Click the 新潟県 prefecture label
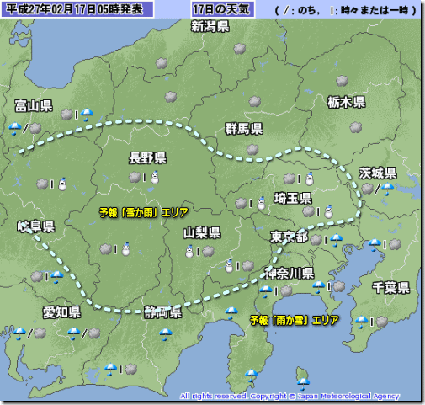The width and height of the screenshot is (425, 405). pos(210,27)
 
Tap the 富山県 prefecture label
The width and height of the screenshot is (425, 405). pos(34,106)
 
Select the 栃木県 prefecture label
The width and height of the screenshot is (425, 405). pos(346,102)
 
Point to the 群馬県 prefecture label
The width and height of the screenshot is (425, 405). pos(244,129)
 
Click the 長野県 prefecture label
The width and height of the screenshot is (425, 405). pos(147,157)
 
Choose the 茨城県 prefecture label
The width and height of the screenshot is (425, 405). pos(378,172)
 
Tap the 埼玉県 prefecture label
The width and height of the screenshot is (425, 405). pos(293,198)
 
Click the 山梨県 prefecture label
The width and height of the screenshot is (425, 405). pos(202,232)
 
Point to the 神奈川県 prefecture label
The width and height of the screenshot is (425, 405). pos(290,273)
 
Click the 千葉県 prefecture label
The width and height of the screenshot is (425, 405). pos(391,288)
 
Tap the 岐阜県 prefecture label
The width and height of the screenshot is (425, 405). pos(35,227)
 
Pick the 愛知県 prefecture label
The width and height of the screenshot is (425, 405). pos(61,312)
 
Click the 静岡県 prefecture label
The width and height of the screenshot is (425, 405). pos(162,313)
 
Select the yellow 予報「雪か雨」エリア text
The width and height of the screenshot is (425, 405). pos(144,212)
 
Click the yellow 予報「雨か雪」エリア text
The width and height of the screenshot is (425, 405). pos(295,321)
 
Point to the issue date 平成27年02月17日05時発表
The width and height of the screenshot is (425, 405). pos(75,9)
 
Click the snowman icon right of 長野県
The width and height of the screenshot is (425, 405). pos(155,177)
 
